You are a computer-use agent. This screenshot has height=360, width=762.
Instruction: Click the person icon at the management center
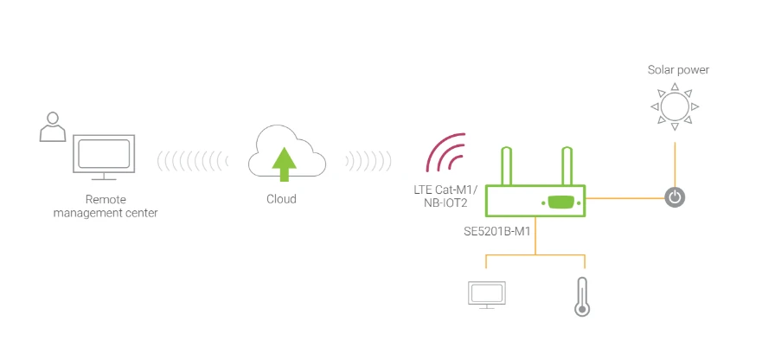click(x=52, y=126)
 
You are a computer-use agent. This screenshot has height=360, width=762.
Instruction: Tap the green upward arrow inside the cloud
click(x=282, y=164)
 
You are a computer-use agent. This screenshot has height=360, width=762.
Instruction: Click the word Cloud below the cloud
click(x=281, y=199)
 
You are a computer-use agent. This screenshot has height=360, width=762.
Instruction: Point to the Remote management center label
click(x=106, y=206)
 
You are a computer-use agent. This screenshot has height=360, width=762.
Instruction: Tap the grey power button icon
click(x=676, y=197)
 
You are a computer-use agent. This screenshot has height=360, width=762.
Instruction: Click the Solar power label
click(x=678, y=69)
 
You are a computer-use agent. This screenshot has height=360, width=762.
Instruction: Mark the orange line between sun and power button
click(x=676, y=161)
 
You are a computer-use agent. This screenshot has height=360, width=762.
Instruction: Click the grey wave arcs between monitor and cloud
click(x=192, y=160)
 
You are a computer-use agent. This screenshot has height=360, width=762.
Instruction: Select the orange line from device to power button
click(x=626, y=197)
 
